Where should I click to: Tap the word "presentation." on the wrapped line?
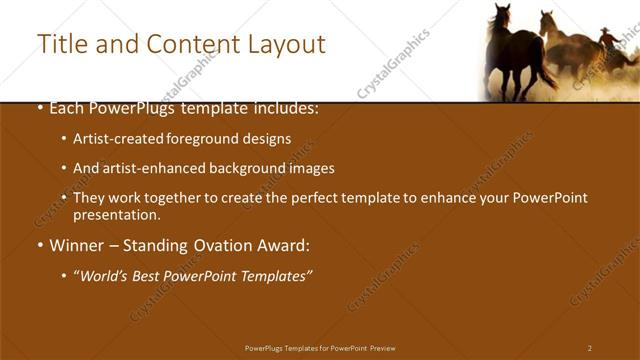pos(116,214)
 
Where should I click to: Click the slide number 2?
pos(590,348)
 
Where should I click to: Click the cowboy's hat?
pos(603,31)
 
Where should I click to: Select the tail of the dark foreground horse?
pos(546,74)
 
